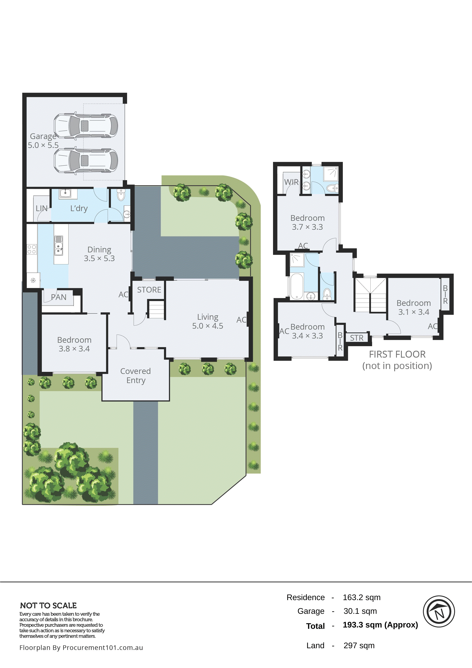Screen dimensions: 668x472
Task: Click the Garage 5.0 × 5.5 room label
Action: tap(43, 141)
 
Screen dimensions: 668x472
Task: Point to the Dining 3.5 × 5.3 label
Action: tap(99, 254)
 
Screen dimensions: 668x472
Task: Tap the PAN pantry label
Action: tap(59, 297)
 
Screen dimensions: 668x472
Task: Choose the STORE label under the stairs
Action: tap(149, 290)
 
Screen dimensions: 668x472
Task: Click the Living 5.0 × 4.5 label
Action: tap(208, 321)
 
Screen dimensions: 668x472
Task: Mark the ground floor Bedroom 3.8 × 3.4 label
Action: tap(74, 344)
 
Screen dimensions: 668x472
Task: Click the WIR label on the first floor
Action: tap(291, 182)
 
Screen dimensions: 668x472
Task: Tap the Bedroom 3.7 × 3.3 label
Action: tap(307, 222)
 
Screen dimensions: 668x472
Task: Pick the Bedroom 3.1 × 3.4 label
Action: tap(414, 307)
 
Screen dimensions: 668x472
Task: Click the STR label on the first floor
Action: tap(357, 338)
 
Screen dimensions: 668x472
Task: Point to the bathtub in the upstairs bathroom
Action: tap(297, 286)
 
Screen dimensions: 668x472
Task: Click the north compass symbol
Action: tap(439, 611)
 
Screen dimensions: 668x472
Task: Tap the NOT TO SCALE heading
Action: tap(48, 605)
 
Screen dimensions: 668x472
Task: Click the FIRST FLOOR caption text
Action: tap(397, 354)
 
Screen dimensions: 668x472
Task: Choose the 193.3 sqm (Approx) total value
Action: tap(380, 625)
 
